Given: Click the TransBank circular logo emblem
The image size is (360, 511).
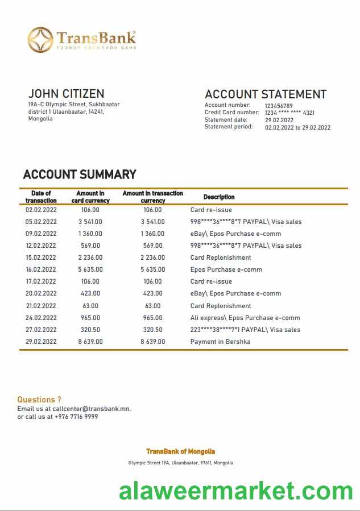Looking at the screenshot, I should click(x=40, y=40).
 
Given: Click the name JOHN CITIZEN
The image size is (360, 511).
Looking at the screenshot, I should click(x=66, y=94).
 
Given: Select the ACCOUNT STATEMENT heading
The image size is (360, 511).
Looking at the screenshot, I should click(x=265, y=94).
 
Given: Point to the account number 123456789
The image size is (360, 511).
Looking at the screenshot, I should click(x=279, y=106).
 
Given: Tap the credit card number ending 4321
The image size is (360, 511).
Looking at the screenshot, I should click(x=289, y=113).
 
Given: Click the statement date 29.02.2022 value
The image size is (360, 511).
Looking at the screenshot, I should click(x=279, y=120).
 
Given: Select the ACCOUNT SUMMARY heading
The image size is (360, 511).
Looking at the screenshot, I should click(x=80, y=175).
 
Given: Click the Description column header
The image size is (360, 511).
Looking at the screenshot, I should click(x=219, y=197).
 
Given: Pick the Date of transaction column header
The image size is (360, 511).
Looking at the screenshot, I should click(x=41, y=197).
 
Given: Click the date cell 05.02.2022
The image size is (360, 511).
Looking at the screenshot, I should click(x=41, y=222).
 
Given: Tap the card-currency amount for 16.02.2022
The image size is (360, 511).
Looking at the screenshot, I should click(x=90, y=269).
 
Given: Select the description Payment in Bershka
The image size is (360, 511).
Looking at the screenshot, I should click(x=220, y=342).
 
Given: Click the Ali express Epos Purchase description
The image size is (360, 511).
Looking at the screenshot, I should click(x=245, y=318).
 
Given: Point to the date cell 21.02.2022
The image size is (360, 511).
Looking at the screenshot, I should click(x=41, y=306).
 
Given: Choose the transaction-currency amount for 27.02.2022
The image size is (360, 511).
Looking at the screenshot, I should click(x=152, y=330).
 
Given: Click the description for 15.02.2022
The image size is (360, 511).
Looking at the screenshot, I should click(x=220, y=257).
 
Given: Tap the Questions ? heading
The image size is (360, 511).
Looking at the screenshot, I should click(x=39, y=400).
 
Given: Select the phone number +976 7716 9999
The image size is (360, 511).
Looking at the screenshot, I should click(x=76, y=417).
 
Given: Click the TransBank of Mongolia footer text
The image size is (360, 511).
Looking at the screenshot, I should click(x=180, y=451).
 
